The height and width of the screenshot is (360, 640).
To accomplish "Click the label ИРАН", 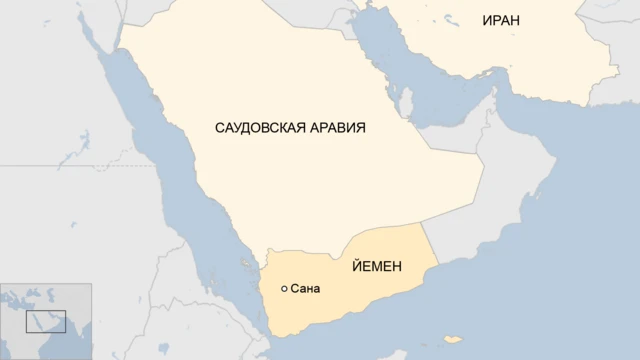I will point(500,21).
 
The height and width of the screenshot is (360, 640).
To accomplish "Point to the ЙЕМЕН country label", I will point(377,267).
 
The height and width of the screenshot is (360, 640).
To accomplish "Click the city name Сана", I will point(306,289).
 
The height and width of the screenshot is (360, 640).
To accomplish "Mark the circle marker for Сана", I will point(285,289).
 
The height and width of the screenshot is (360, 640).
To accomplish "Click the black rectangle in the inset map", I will point(46,321).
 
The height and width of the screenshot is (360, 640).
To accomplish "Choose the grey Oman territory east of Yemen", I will point(500,200).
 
